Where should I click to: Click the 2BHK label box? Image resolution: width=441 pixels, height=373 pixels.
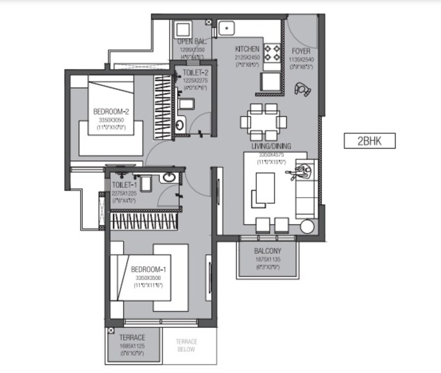point(369,141)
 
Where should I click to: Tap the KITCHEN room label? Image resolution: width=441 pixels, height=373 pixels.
point(247,49)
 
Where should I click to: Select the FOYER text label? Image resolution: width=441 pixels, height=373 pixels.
point(301,52)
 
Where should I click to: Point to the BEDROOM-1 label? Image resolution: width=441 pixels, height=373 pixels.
point(149,270)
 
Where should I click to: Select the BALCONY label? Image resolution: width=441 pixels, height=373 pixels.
point(268,250)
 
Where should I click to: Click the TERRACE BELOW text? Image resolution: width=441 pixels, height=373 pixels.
point(186,346)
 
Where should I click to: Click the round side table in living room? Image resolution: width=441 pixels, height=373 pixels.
point(307,227)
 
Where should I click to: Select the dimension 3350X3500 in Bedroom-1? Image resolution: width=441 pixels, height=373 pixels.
point(149,278)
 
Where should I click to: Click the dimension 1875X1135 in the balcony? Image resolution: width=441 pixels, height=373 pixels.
point(268,259)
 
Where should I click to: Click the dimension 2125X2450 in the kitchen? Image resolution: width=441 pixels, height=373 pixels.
point(247,57)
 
